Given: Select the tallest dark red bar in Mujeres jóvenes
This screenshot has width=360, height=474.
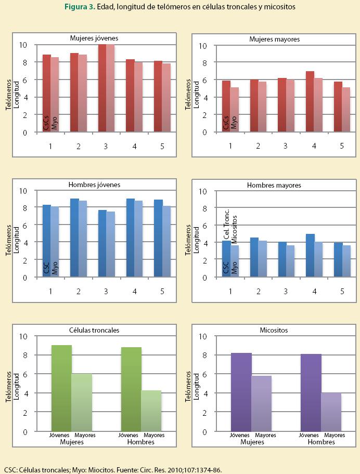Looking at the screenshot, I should coord(102,88).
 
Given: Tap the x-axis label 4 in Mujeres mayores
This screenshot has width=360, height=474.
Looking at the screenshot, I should coord(314,146).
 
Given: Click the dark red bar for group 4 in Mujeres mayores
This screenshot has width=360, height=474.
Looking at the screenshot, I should coord(310,102).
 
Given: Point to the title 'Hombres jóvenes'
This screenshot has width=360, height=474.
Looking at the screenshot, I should coord(94,185).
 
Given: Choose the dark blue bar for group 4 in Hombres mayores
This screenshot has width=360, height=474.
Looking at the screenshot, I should coord(310,255).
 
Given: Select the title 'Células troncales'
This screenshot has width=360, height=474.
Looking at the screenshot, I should coord(94,330).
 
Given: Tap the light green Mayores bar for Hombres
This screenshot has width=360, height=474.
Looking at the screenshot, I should coord(151,411).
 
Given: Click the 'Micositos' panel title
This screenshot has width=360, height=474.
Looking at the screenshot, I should coord(274,330).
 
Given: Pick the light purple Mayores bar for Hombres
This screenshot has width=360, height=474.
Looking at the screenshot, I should coord(331,412).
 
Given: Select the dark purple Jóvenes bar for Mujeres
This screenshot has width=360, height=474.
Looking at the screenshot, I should coord(241,392).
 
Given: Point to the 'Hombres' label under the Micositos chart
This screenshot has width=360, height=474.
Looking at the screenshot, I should coord(321,442).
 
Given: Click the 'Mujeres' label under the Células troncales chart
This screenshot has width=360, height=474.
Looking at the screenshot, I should coord(72,442).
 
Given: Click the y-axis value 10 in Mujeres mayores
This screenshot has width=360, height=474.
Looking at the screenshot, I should coord(203,45).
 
